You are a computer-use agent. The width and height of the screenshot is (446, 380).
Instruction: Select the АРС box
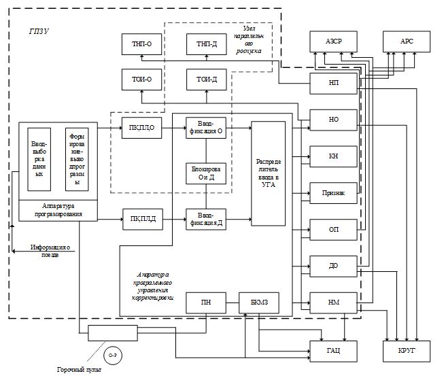tap(406, 42)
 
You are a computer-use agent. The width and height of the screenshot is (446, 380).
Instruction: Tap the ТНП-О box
tap(141, 44)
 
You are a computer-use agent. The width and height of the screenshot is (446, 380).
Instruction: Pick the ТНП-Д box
tap(207, 44)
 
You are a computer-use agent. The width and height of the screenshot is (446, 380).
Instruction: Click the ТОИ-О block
tap(141, 80)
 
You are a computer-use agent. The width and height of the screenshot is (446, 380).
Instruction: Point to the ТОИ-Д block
tap(207, 80)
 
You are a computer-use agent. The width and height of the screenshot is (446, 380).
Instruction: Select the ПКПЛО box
tap(141, 127)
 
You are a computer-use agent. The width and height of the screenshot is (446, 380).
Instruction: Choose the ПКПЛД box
tap(141, 219)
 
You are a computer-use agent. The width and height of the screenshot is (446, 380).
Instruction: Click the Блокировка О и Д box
tap(207, 173)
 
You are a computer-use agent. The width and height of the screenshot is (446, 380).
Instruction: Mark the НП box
tap(333, 82)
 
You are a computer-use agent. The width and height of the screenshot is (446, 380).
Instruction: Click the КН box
tap(333, 156)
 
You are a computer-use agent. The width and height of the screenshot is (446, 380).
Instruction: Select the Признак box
tap(333, 192)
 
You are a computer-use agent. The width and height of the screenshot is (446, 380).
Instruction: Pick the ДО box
tap(333, 266)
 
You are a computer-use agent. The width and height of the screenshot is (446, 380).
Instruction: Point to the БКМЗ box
tap(259, 303)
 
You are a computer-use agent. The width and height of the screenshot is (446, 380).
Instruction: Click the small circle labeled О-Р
tap(111, 354)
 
